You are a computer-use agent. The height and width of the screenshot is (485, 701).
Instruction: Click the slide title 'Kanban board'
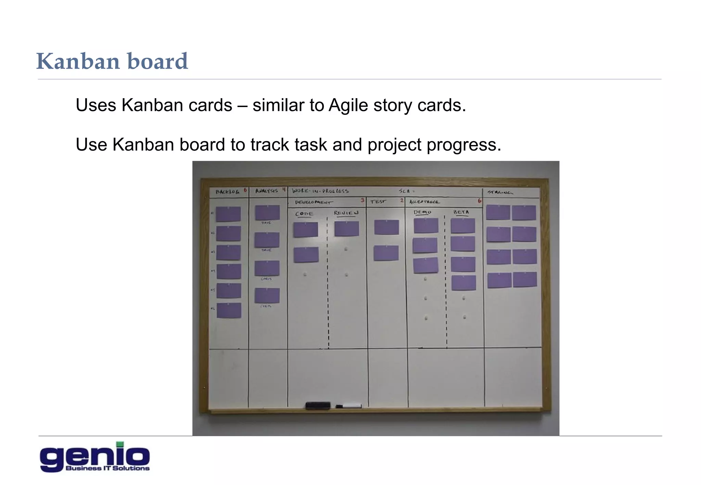pyautogui.click(x=112, y=62)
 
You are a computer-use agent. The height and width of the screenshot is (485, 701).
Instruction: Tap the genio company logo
pyautogui.click(x=95, y=457)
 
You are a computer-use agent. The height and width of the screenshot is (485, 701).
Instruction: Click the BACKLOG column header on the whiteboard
pyautogui.click(x=227, y=192)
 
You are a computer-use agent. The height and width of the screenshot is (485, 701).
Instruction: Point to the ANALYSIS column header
pyautogui.click(x=266, y=191)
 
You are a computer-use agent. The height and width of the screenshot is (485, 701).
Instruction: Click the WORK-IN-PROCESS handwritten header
pyautogui.click(x=320, y=191)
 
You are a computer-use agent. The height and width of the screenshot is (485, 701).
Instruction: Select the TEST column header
pyautogui.click(x=378, y=202)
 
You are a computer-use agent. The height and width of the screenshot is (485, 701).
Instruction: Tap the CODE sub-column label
pyautogui.click(x=304, y=214)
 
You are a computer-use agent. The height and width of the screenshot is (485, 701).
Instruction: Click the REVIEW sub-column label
pyautogui.click(x=346, y=213)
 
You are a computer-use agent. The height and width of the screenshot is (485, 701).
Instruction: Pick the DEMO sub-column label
pyautogui.click(x=422, y=212)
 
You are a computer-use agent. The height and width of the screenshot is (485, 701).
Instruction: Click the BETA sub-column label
pyautogui.click(x=461, y=212)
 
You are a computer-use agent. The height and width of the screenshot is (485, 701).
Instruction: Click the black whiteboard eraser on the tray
pyautogui.click(x=318, y=405)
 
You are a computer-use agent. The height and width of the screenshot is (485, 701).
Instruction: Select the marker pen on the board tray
pyautogui.click(x=349, y=406)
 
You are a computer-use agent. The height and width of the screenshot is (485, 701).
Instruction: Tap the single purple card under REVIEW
pyautogui.click(x=346, y=229)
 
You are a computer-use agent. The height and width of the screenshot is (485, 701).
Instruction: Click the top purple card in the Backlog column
pyautogui.click(x=228, y=214)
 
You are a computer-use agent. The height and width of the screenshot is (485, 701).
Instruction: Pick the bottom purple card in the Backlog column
pyautogui.click(x=229, y=311)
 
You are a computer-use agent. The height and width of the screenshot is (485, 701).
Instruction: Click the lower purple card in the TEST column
pyautogui.click(x=386, y=253)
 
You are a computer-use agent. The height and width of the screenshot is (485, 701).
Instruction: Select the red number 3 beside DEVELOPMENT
pyautogui.click(x=362, y=200)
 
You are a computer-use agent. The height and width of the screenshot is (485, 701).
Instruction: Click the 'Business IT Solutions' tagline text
pyautogui.click(x=107, y=468)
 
